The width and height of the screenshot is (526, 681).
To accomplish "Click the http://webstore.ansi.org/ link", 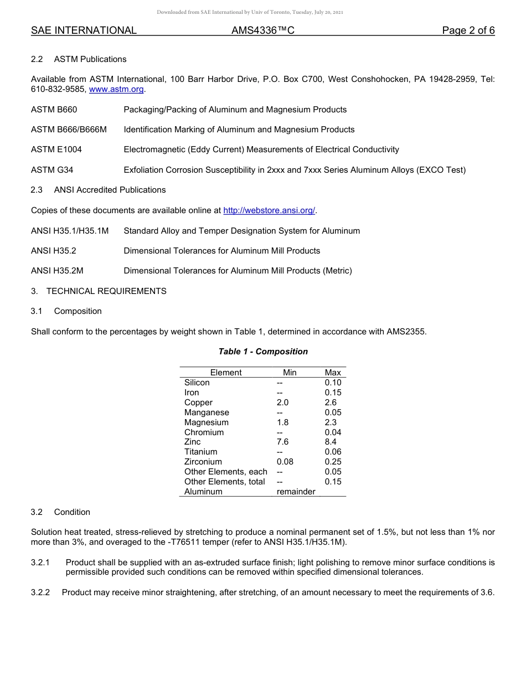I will point(269,210).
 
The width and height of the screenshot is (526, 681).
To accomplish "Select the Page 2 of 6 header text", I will point(468,30).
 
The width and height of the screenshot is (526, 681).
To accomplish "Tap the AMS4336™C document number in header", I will point(262,30).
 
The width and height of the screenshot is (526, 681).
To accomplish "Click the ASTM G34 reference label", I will point(52,170).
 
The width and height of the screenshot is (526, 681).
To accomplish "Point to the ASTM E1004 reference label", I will point(56,149).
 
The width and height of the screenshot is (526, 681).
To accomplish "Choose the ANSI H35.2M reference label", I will point(57,271).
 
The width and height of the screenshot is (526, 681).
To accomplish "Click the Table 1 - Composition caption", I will point(263,352).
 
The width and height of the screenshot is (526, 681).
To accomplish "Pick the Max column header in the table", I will point(333,373).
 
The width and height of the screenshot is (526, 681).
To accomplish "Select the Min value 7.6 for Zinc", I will point(282,442).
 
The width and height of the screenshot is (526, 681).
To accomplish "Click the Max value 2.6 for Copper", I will point(331,403).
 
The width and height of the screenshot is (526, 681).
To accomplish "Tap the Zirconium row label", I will point(203,462).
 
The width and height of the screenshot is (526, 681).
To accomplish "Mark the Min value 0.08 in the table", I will point(285,462).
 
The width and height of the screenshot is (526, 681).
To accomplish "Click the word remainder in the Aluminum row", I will point(296,492).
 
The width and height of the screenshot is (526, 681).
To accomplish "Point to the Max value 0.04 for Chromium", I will point(333,432).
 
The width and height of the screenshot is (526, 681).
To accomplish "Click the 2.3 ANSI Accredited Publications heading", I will point(98,190).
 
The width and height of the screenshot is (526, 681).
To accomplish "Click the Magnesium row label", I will point(207,422).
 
